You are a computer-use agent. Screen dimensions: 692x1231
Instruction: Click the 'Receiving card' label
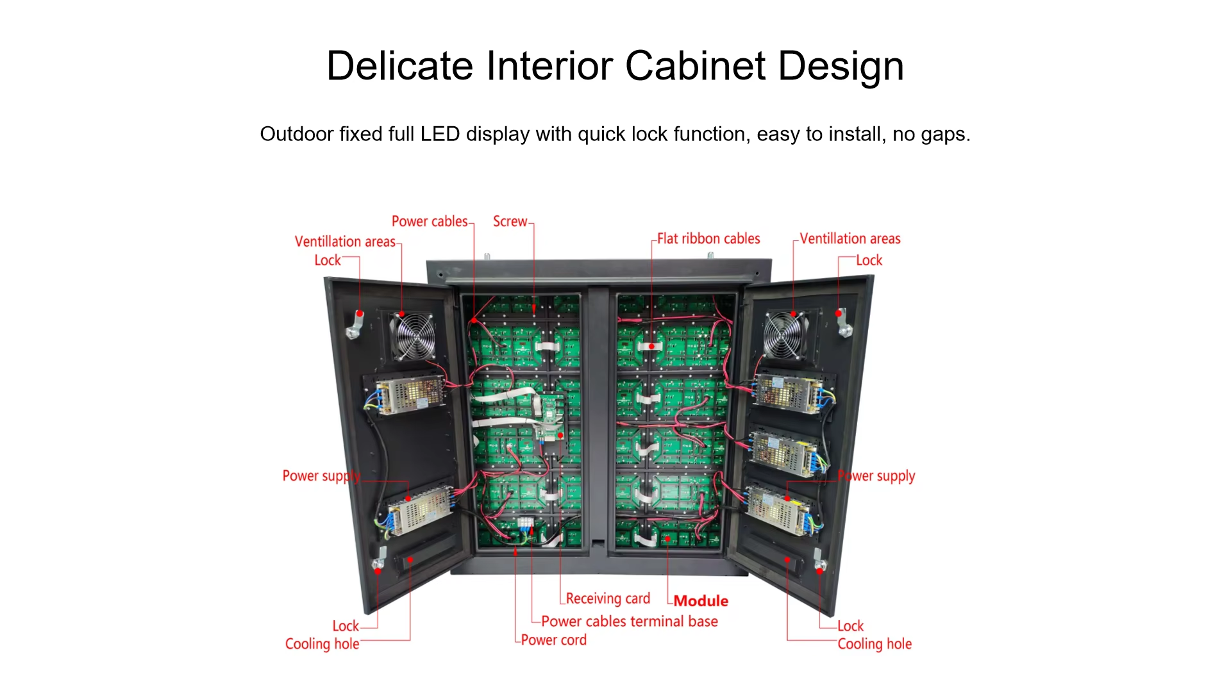pos(607,598)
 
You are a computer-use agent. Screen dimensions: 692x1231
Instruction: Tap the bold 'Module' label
pos(701,601)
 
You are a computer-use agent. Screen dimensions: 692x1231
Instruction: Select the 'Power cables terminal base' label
pos(629,621)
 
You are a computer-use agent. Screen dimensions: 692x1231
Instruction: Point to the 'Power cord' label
pos(553,639)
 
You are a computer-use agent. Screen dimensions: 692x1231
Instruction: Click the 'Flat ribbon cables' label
pos(708,239)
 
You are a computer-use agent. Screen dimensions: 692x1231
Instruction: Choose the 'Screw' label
pos(510,222)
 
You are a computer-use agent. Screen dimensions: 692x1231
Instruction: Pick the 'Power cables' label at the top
pos(430,222)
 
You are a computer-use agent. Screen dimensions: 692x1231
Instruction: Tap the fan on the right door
pos(783,335)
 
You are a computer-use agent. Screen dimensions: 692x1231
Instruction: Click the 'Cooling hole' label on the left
pos(322,644)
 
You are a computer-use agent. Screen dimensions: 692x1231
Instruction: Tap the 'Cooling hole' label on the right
pos(875,644)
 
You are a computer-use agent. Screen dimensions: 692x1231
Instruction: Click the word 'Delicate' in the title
pos(399,66)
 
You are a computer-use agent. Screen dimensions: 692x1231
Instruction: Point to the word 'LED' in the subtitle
pos(440,134)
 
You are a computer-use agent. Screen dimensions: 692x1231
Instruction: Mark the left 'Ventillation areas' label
pos(345,242)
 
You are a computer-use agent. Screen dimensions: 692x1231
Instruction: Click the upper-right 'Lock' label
pos(869,260)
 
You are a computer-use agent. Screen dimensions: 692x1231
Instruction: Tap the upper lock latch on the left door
pos(355,324)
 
